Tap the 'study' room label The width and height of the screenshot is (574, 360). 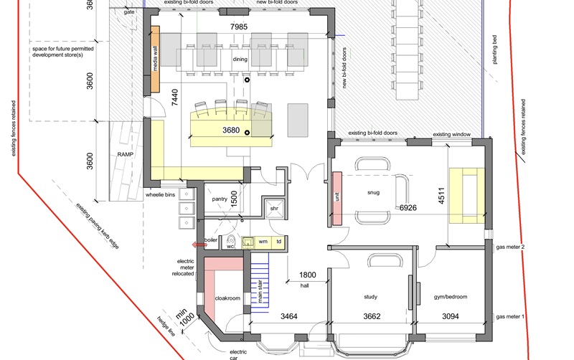(x=372, y=295)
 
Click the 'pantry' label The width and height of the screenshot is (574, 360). (x=219, y=198)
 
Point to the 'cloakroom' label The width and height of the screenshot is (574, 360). (x=227, y=298)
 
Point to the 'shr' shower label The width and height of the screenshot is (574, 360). (x=273, y=208)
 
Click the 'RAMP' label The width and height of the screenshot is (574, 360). (x=117, y=153)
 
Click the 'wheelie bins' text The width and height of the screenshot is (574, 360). (x=160, y=194)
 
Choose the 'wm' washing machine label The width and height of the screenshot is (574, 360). (x=263, y=242)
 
